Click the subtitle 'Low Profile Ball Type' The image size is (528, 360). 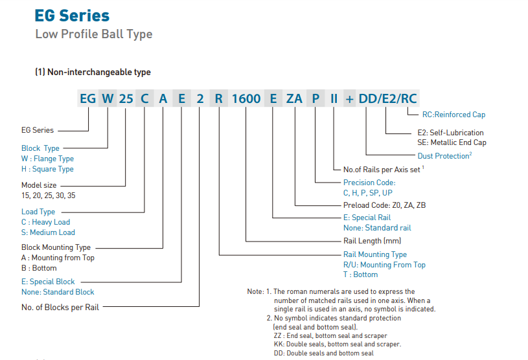tap(93, 34)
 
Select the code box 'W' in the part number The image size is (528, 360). tap(108, 99)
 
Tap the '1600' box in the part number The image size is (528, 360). tap(246, 99)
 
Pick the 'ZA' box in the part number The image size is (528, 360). tap(294, 99)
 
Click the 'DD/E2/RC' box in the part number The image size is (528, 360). tap(388, 99)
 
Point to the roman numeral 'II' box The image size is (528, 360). tap(334, 99)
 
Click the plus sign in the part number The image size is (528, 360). tap(350, 99)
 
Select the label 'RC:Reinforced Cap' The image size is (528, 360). tap(453, 115)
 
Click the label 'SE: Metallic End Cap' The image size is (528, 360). tap(452, 142)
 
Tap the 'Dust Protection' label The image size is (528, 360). tap(443, 156)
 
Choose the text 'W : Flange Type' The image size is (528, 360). tap(47, 159)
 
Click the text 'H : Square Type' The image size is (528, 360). tap(47, 169)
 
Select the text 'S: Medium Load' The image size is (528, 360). tap(48, 232)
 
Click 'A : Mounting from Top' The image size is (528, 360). tap(58, 258)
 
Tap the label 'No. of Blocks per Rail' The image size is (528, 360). tap(60, 308)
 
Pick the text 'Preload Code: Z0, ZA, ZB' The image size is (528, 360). tap(384, 205)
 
